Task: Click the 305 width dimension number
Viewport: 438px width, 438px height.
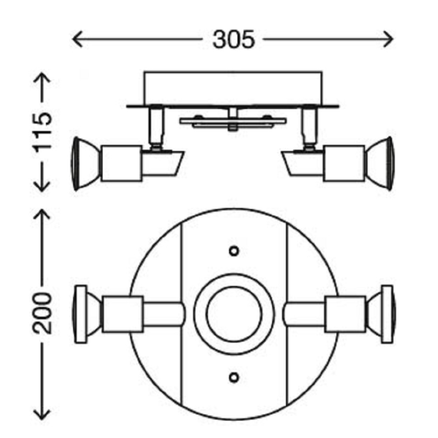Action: tap(234, 39)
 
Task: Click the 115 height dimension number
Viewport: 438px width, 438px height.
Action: tap(42, 132)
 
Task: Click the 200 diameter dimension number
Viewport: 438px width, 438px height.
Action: tap(42, 313)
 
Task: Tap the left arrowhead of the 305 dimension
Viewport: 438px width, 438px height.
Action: tap(77, 39)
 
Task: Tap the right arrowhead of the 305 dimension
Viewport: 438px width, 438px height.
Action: tap(388, 39)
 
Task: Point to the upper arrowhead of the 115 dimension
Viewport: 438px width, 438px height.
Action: tap(42, 78)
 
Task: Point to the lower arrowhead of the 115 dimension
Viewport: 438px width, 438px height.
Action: tap(42, 187)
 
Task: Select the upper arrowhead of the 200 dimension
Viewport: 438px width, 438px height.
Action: tap(42, 214)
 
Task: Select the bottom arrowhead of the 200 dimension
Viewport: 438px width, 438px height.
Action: tap(42, 414)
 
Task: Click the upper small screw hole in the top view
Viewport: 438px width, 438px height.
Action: tap(234, 251)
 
